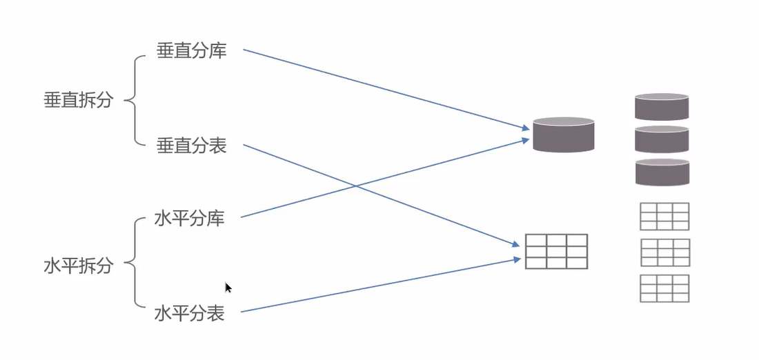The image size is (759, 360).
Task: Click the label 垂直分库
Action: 191,52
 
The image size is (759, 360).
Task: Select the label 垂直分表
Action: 191,146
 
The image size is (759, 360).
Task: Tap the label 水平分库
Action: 190,220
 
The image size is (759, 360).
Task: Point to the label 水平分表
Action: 190,314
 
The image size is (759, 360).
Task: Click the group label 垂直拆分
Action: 78,100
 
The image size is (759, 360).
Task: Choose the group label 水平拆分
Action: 78,266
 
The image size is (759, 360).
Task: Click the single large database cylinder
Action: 563,135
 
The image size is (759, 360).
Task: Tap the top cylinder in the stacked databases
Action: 662,107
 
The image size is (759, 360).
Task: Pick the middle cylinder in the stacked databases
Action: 662,139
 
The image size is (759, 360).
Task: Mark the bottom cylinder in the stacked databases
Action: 662,172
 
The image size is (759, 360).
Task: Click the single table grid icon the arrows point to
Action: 556,251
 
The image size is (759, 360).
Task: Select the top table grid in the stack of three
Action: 664,216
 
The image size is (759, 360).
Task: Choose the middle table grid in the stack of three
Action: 664,252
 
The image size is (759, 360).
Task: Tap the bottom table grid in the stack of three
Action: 664,288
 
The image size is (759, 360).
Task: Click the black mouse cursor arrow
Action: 228,288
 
